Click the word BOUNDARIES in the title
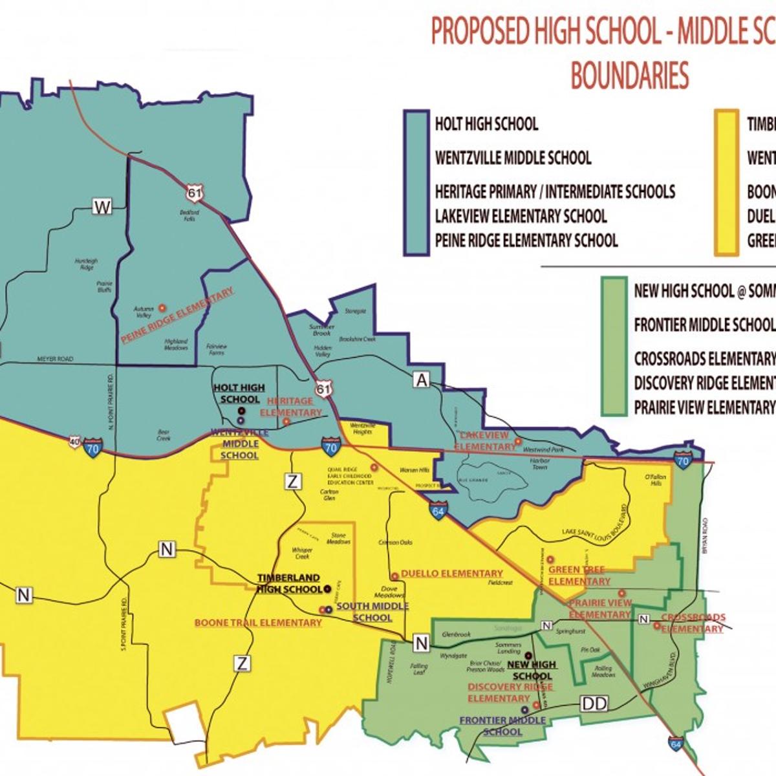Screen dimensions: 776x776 tap(629, 75)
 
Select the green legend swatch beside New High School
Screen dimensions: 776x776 tap(613, 346)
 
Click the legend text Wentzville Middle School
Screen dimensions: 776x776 tap(513, 158)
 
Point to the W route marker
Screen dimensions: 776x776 tap(102, 207)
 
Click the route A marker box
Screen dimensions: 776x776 tap(422, 380)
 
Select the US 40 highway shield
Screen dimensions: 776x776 tap(76, 442)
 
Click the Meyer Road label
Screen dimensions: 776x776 tap(55, 359)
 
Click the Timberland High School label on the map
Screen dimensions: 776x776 tap(289, 583)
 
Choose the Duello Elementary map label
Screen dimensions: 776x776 tap(451, 574)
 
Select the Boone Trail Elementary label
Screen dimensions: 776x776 tap(258, 623)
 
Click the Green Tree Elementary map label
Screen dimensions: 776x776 tap(577, 576)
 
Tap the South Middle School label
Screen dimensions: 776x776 tap(372, 612)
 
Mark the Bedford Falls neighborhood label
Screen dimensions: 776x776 tap(189, 215)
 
